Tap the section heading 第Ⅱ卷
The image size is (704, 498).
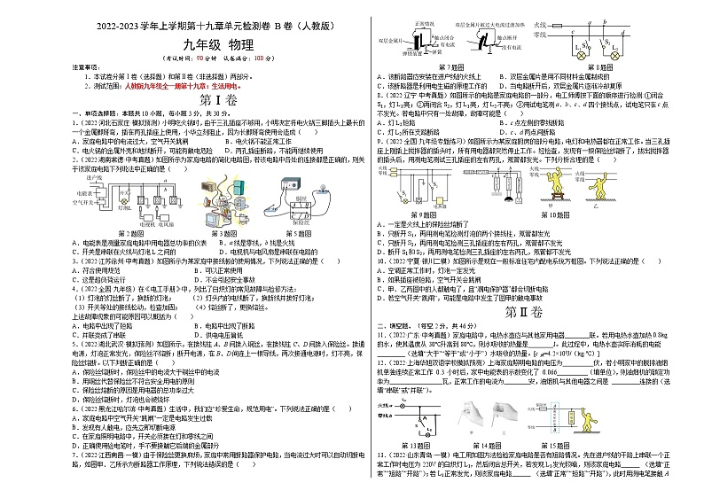533,311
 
